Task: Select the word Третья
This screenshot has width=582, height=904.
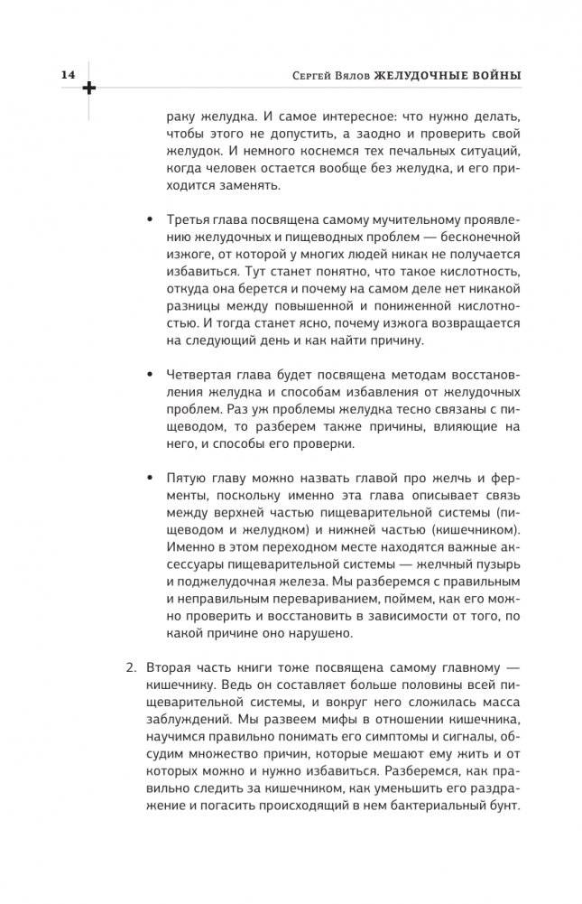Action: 189,222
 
